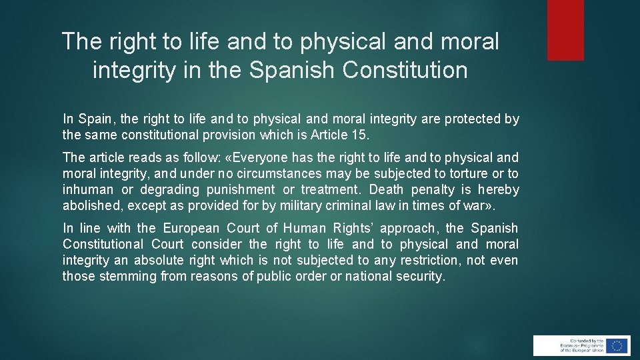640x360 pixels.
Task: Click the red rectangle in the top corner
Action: (565, 30)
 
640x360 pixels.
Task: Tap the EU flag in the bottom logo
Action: (617, 345)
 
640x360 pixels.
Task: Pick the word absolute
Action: (159, 261)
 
